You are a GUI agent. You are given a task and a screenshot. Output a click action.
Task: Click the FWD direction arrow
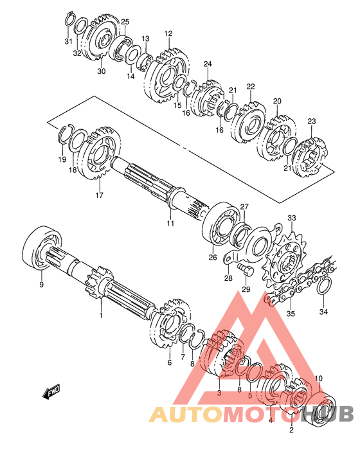tap(51, 392)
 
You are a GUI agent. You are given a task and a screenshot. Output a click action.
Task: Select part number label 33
tap(292, 218)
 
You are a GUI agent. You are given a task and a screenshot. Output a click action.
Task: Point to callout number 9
tap(42, 285)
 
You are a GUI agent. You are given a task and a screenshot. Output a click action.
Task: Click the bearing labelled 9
tap(42, 247)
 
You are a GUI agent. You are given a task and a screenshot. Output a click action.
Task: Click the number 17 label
tap(99, 195)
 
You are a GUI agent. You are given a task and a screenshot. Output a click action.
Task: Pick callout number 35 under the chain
tap(291, 314)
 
